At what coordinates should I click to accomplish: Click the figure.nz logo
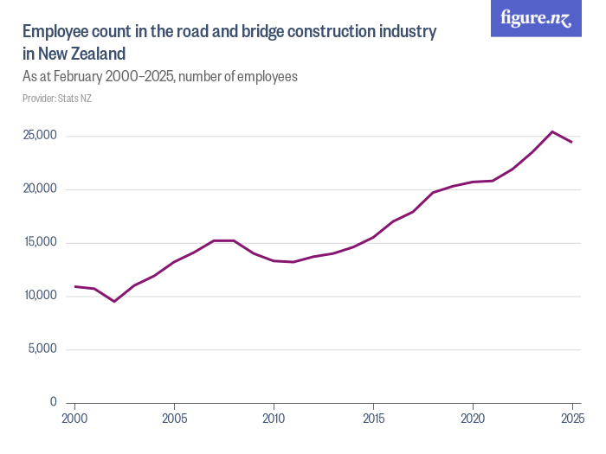[536, 18]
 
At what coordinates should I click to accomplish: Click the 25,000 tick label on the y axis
[39, 136]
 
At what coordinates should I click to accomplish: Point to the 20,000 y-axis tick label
[39, 189]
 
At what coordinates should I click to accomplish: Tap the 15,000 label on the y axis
[39, 243]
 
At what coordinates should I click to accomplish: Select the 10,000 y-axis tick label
[39, 296]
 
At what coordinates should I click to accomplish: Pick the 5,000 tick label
[42, 349]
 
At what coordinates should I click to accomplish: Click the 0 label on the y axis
[53, 403]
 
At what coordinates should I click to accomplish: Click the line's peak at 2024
[552, 131]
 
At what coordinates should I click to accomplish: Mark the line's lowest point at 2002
[114, 301]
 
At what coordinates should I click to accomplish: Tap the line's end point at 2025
[571, 142]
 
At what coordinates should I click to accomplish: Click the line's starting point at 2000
[75, 286]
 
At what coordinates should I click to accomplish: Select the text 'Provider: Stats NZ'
[57, 99]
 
